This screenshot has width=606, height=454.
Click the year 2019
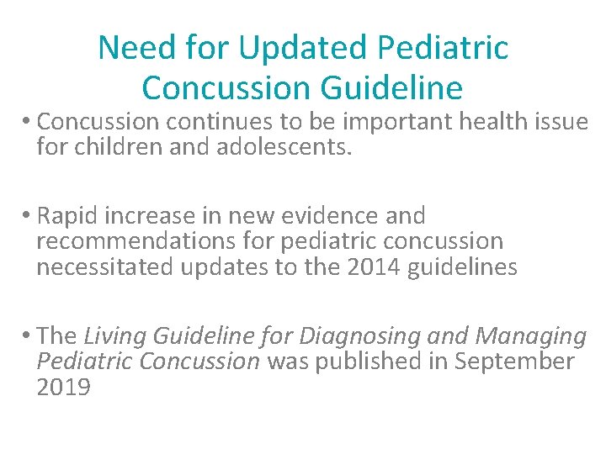[x=63, y=387]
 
